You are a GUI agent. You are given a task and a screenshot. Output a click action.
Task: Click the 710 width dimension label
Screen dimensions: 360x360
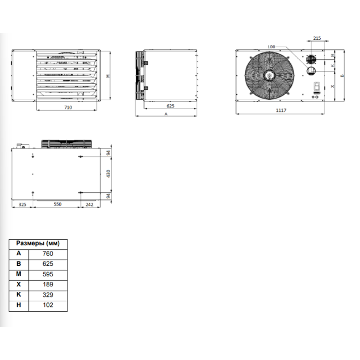pyautogui.click(x=68, y=107)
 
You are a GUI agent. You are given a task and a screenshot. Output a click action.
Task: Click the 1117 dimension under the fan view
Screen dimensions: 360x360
pyautogui.click(x=281, y=110)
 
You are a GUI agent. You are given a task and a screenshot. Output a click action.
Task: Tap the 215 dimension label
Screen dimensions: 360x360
pyautogui.click(x=317, y=38)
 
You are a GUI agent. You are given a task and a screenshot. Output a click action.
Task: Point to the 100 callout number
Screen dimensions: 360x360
pyautogui.click(x=271, y=47)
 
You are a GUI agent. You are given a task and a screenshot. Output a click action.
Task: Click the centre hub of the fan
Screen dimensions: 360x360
pyautogui.click(x=269, y=75)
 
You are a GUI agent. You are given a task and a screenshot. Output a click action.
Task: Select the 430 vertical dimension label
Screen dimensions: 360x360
pyautogui.click(x=109, y=173)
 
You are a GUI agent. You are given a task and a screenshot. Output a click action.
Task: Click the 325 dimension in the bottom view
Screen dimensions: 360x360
pyautogui.click(x=22, y=204)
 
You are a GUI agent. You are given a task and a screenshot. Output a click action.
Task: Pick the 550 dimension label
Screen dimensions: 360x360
pyautogui.click(x=58, y=204)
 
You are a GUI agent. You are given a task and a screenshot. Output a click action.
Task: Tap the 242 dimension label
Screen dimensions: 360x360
pyautogui.click(x=89, y=204)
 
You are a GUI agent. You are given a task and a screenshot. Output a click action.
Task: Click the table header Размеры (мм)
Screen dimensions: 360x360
pyautogui.click(x=38, y=243)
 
